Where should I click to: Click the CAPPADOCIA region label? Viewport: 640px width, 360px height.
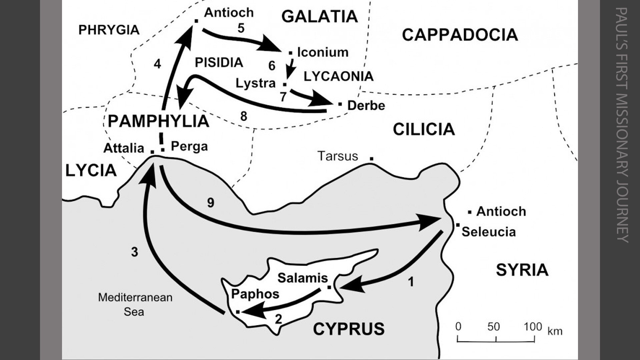(x=460, y=35)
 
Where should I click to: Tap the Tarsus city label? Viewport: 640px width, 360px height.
(x=338, y=156)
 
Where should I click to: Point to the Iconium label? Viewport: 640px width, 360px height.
(x=323, y=52)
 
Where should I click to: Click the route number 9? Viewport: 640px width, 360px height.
(x=210, y=202)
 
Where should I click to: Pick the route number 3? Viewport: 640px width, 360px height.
(x=134, y=252)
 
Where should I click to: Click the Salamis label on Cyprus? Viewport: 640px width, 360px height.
(x=303, y=278)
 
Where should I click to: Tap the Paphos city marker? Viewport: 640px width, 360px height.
(x=238, y=312)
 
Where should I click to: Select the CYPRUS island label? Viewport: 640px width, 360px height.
(x=348, y=329)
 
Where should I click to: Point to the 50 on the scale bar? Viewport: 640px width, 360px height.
(x=493, y=327)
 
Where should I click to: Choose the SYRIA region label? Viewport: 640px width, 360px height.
(x=522, y=270)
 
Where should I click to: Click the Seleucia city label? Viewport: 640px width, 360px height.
(x=488, y=232)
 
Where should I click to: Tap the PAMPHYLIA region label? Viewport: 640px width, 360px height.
(x=158, y=121)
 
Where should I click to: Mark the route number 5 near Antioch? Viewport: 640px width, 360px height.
(x=241, y=28)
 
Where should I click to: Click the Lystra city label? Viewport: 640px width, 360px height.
(x=256, y=83)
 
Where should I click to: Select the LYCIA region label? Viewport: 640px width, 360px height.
(x=91, y=171)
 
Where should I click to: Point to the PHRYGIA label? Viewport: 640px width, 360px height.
(x=109, y=30)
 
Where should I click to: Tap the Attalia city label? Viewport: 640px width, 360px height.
(x=124, y=148)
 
